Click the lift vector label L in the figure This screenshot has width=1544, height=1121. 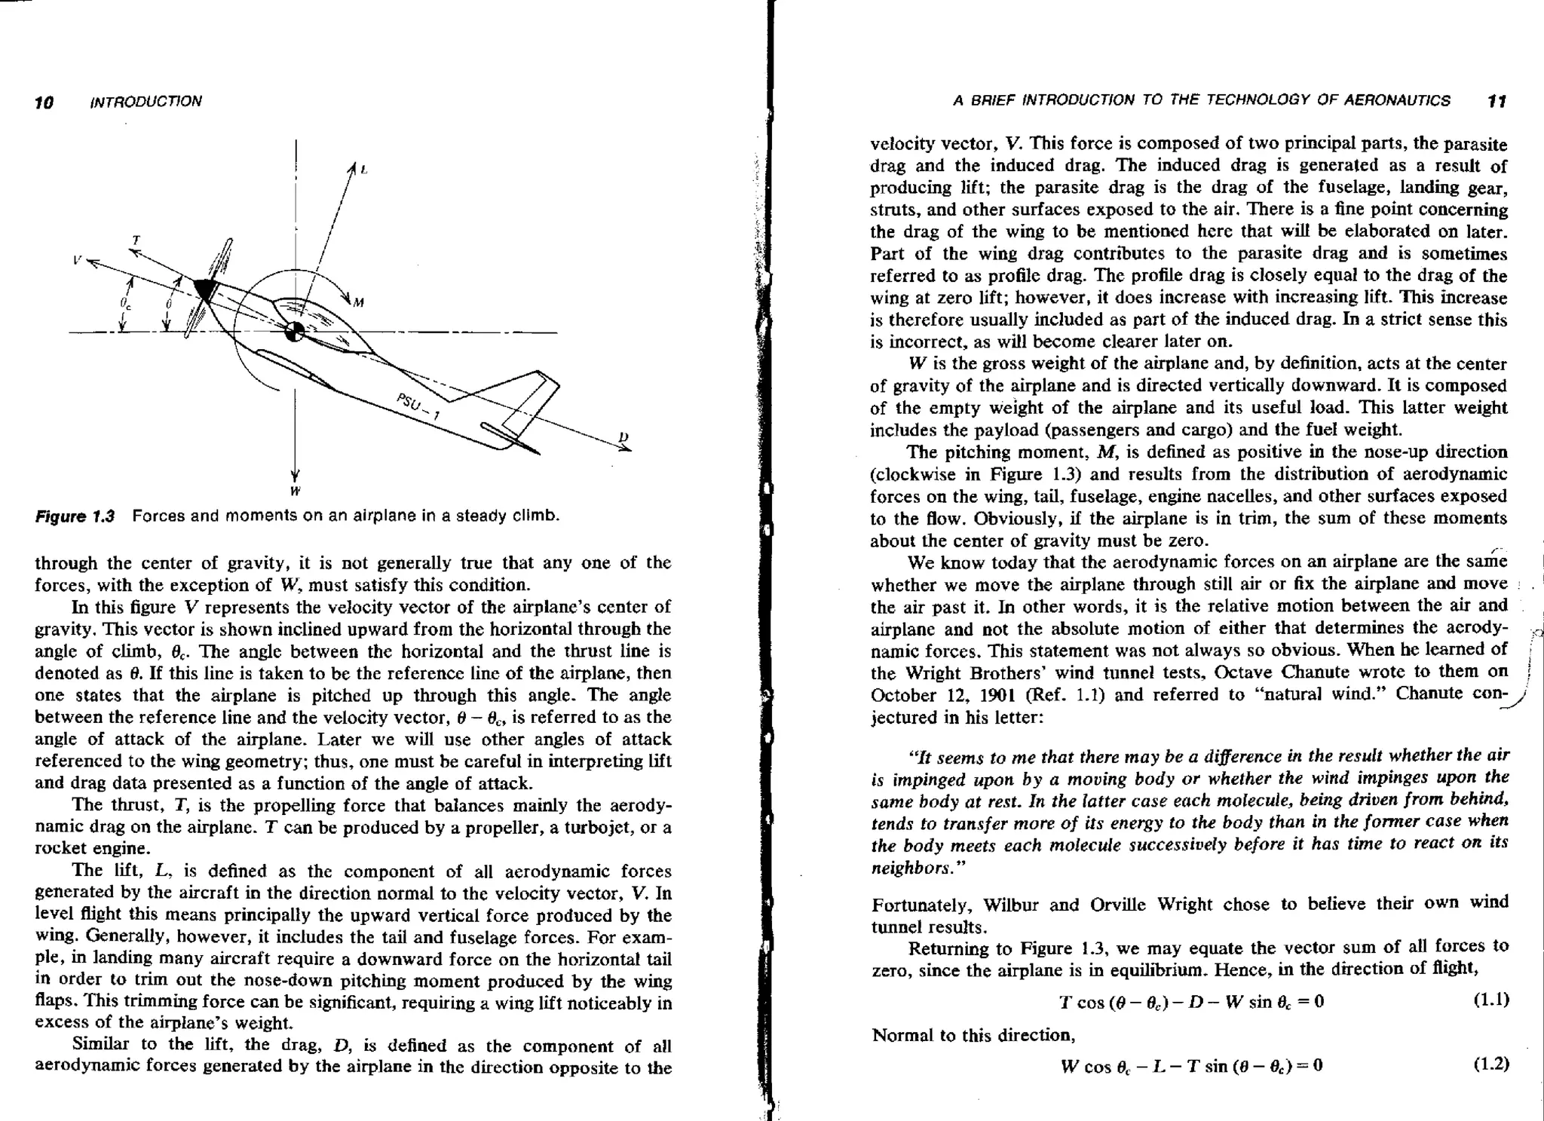(x=364, y=170)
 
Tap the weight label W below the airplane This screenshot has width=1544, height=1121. (x=295, y=491)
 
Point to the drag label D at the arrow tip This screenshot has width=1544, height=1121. (x=623, y=436)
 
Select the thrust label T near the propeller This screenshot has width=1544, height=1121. (x=136, y=240)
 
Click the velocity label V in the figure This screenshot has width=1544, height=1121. (x=77, y=259)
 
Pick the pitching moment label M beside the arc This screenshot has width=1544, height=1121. (x=359, y=303)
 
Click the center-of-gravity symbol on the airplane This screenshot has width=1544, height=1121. (x=295, y=331)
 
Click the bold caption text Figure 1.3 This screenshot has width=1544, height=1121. (x=75, y=516)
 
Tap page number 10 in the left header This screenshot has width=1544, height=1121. (x=44, y=103)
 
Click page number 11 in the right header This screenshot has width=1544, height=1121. (x=1497, y=101)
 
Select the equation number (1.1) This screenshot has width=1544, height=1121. (x=1490, y=1000)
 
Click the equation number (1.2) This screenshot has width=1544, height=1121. (x=1490, y=1064)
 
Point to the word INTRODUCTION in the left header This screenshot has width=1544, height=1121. (x=146, y=102)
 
